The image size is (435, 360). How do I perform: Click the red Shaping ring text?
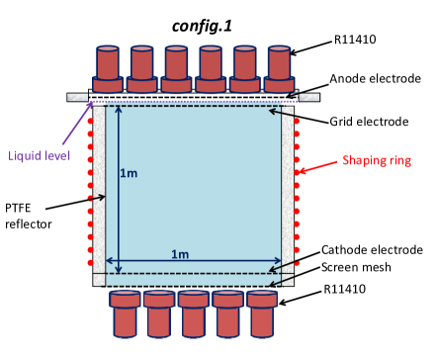[375, 160]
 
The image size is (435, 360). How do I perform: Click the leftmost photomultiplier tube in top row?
[107, 68]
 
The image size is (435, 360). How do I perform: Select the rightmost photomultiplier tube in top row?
[280, 68]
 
